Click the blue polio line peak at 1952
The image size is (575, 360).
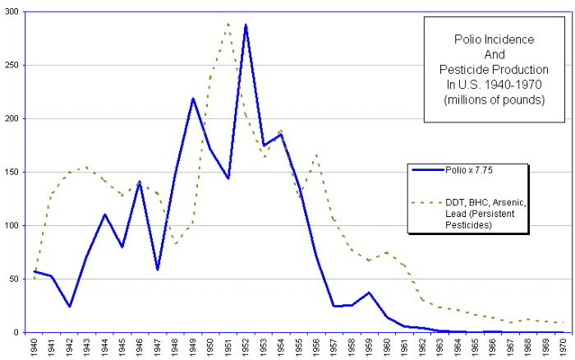coord(245,25)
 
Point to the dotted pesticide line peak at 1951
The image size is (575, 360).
coord(228,23)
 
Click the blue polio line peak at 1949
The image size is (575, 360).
coord(193,99)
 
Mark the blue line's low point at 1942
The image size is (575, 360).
coord(69,307)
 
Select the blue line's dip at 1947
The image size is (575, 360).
coord(156,270)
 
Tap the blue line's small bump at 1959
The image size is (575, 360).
coord(370,293)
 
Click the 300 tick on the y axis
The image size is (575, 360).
coord(17,12)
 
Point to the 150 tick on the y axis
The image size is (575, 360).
coord(17,172)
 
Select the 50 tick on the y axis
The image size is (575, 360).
coord(20,279)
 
